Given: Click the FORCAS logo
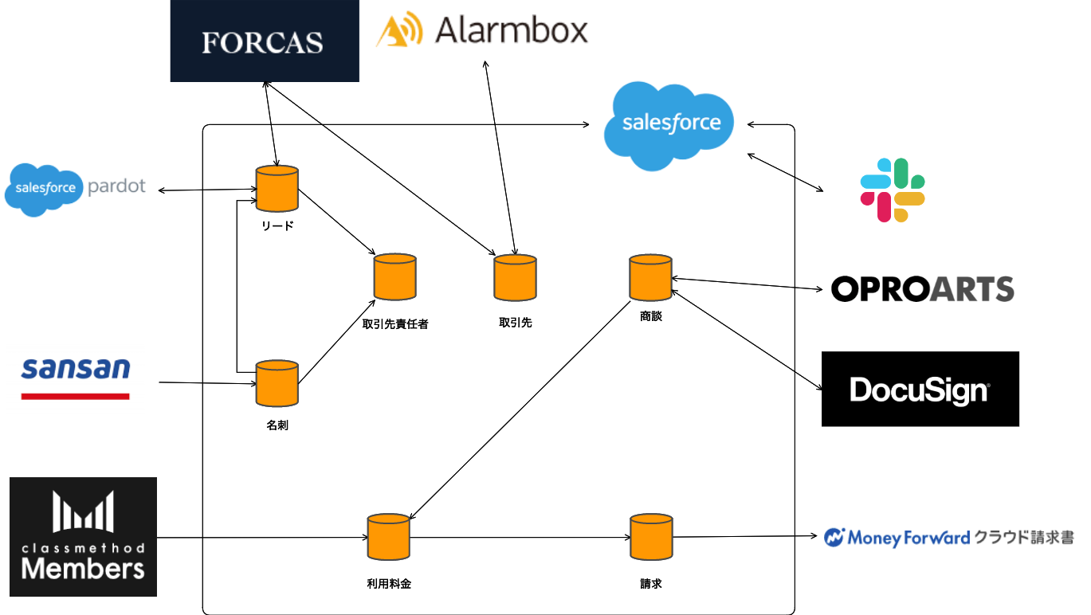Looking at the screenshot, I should pyautogui.click(x=264, y=41).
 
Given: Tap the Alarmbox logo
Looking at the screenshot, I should pyautogui.click(x=482, y=31).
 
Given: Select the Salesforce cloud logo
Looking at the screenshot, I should pyautogui.click(x=670, y=125).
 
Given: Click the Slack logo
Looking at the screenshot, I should pyautogui.click(x=892, y=190).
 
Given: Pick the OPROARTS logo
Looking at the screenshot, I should pyautogui.click(x=922, y=288).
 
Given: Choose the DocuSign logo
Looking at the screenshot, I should pyautogui.click(x=920, y=389).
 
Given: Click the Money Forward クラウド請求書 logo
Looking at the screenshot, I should pyautogui.click(x=948, y=538).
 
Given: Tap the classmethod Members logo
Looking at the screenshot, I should pyautogui.click(x=84, y=537).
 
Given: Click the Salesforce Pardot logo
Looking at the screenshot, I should pyautogui.click(x=76, y=188).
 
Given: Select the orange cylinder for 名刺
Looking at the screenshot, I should pyautogui.click(x=277, y=383).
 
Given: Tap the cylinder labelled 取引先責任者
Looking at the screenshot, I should pyautogui.click(x=395, y=277).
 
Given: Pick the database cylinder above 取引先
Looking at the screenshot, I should pyautogui.click(x=515, y=278).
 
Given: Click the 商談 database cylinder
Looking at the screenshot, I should pyautogui.click(x=650, y=278).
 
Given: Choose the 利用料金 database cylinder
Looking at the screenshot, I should pyautogui.click(x=388, y=537).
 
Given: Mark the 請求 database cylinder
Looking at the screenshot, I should pyautogui.click(x=650, y=537).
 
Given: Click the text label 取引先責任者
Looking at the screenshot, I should pyautogui.click(x=395, y=324).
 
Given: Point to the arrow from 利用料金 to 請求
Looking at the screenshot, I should pyautogui.click(x=518, y=538).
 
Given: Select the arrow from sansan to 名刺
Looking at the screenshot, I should pyautogui.click(x=207, y=383).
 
